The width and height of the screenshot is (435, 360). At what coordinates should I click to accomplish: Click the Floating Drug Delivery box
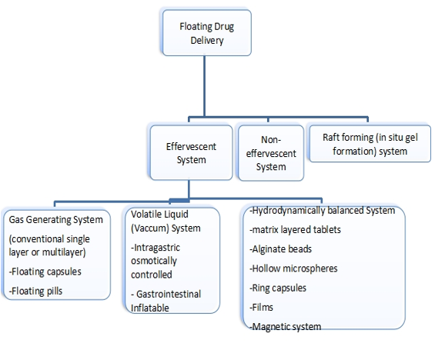206,33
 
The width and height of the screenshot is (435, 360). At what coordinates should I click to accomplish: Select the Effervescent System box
191,153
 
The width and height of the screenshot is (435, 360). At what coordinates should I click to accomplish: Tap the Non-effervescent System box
271,153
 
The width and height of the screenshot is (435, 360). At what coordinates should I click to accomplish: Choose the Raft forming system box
370,144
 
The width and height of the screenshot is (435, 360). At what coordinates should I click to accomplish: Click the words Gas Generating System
55,220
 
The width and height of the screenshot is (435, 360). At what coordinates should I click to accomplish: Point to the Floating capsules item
45,272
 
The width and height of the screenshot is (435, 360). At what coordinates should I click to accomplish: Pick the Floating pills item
35,291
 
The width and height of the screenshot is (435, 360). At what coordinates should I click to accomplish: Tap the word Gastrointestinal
169,294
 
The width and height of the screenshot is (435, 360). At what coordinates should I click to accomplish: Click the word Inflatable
150,308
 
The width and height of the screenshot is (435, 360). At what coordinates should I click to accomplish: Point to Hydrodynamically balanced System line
323,211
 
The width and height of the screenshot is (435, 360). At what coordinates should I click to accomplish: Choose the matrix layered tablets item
295,230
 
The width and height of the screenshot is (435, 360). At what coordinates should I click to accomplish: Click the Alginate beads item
281,249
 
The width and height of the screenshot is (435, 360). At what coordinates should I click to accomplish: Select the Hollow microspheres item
293,268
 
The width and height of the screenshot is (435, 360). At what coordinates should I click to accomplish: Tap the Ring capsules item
278,288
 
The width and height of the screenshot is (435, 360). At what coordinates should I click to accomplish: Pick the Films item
261,308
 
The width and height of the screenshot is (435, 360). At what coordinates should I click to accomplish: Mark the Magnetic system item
286,327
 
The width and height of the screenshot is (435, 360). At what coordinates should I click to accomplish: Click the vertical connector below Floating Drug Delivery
205,86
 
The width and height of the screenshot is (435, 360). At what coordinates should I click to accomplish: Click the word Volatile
146,214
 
